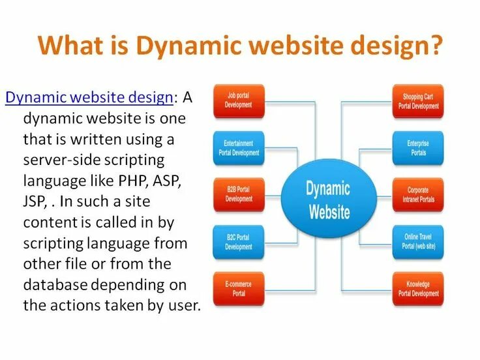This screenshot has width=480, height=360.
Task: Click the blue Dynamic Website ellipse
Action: click(x=329, y=200)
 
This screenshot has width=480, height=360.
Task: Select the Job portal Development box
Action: click(x=239, y=100)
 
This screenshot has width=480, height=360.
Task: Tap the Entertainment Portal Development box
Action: click(x=239, y=148)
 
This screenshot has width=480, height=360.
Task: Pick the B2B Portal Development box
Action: click(x=239, y=194)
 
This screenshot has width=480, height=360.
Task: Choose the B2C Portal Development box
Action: click(x=239, y=242)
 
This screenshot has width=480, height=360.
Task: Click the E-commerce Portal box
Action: click(x=239, y=289)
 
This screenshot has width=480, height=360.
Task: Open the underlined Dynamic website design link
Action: click(x=89, y=98)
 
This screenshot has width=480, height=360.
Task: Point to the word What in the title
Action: click(x=66, y=47)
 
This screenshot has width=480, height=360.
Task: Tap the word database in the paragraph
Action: click(x=55, y=285)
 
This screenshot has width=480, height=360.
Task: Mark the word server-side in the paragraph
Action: click(x=62, y=160)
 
